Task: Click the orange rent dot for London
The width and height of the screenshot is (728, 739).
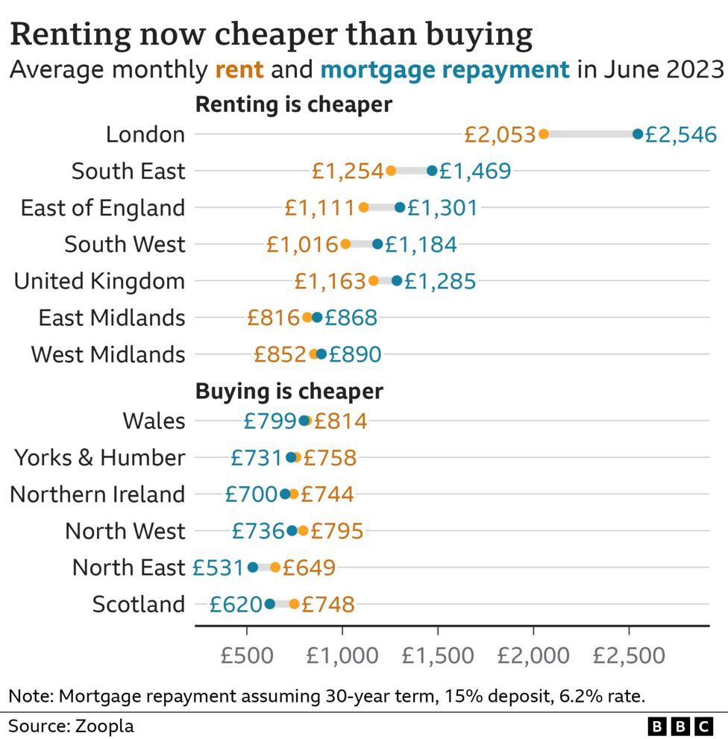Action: click(543, 134)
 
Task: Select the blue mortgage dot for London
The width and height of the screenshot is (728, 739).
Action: click(638, 134)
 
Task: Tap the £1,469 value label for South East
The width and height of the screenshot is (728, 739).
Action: click(475, 171)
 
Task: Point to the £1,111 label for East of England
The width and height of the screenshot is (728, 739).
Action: click(320, 207)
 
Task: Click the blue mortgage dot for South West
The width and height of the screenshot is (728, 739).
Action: click(377, 244)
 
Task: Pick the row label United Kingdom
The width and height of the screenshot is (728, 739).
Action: click(99, 281)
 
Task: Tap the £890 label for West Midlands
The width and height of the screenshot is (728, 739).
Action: click(354, 354)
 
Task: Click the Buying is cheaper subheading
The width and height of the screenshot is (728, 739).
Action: click(289, 391)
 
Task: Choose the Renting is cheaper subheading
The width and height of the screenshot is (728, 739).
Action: click(293, 104)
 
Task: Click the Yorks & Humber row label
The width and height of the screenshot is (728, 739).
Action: click(99, 457)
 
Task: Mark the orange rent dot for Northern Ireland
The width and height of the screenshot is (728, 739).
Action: click(294, 494)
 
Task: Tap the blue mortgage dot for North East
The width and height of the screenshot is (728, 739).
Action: click(253, 567)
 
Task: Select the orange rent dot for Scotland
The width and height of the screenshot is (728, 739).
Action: click(295, 604)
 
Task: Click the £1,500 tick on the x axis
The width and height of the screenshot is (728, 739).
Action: click(438, 655)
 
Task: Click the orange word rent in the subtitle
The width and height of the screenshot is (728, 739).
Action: click(239, 70)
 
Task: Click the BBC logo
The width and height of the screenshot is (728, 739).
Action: click(680, 726)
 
